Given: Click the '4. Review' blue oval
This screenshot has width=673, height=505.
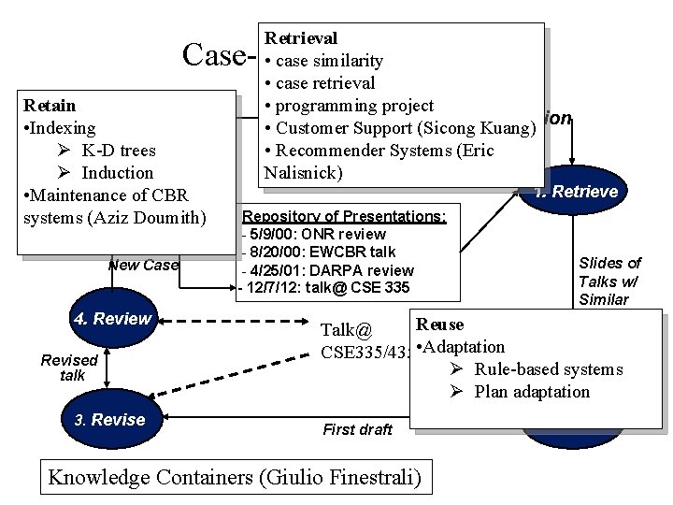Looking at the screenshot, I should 111,319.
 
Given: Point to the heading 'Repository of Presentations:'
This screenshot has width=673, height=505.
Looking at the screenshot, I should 344,216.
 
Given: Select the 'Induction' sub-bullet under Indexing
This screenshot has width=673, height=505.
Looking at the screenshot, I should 117,172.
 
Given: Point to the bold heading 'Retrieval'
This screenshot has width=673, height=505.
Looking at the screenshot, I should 301,38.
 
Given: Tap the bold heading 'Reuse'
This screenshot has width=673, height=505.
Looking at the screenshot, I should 439,325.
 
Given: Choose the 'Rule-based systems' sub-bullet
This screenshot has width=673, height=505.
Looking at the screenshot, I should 548,369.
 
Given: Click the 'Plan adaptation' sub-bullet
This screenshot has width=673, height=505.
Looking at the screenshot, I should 532,392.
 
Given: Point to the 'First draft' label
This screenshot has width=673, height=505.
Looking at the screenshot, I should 357,429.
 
